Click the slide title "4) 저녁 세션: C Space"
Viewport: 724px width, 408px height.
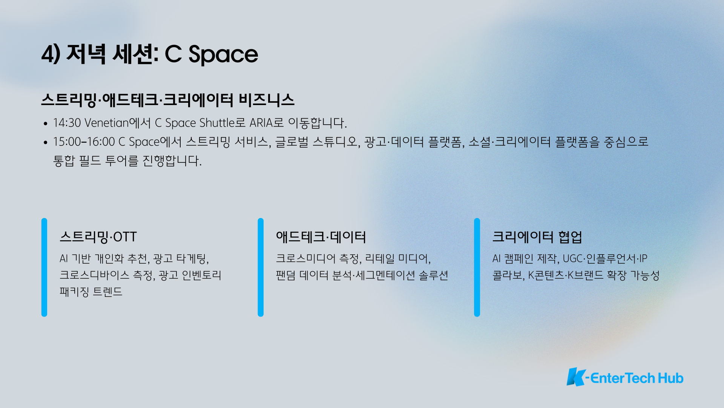click(x=150, y=54)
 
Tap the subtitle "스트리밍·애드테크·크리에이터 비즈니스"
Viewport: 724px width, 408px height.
click(x=168, y=100)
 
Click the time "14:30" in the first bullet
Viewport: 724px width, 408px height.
click(x=67, y=123)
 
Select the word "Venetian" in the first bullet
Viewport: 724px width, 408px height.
click(x=107, y=123)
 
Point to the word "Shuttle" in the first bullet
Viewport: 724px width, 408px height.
click(x=217, y=123)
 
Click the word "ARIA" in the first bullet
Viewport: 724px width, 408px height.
click(x=261, y=123)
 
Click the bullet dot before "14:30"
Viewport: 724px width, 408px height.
click(x=45, y=124)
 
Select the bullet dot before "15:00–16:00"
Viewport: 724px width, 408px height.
click(x=45, y=142)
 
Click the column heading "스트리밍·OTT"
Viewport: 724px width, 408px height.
click(x=98, y=237)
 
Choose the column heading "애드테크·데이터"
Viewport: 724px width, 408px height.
click(x=321, y=237)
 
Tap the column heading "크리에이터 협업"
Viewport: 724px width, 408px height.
click(x=537, y=237)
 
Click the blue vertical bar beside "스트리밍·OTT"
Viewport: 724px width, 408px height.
click(x=44, y=267)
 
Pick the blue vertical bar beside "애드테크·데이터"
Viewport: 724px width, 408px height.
click(x=261, y=267)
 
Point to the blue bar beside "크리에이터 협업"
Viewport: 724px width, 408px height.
click(x=477, y=267)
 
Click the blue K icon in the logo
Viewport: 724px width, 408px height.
click(x=576, y=377)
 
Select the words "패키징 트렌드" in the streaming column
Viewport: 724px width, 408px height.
click(x=91, y=292)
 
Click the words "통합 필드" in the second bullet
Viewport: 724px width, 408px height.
click(x=77, y=161)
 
